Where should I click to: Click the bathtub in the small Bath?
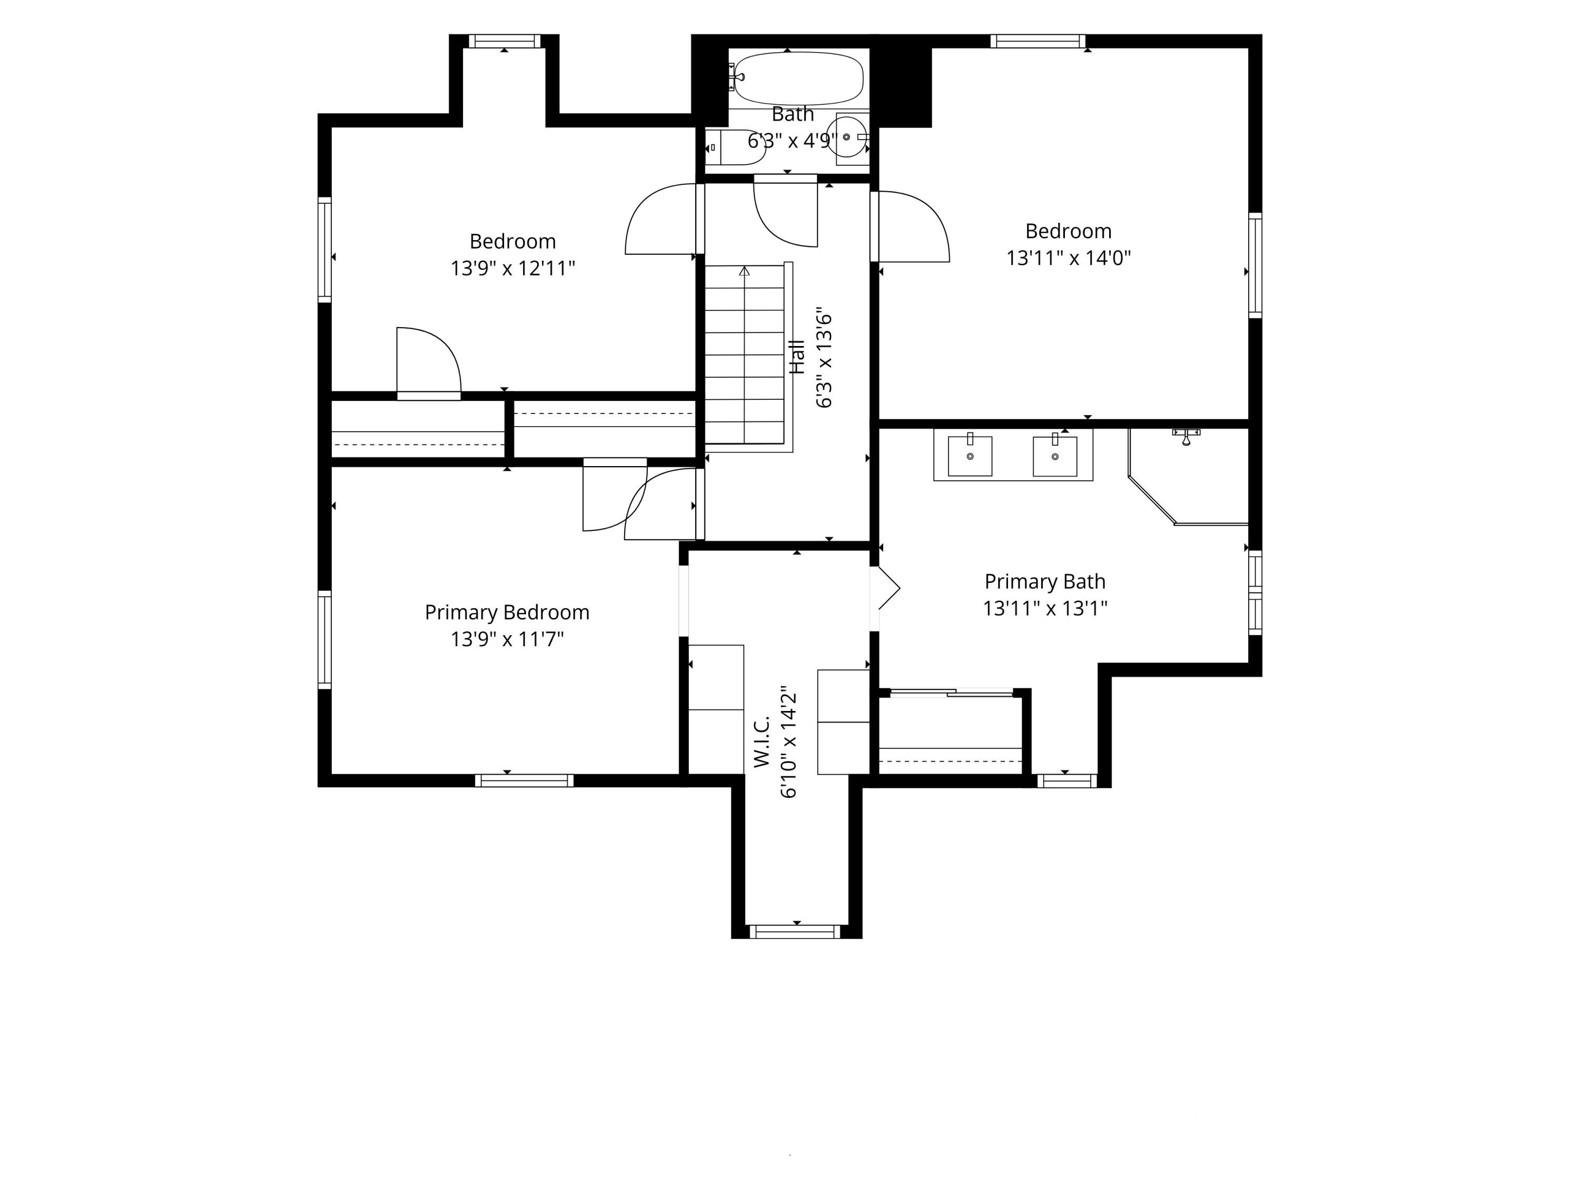pos(798,78)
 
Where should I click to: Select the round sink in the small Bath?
pos(846,136)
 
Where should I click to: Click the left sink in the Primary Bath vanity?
pos(970,455)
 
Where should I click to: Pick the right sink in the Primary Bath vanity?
pos(1055,455)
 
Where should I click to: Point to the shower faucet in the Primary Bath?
pos(1187,436)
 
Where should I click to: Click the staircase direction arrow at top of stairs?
pos(744,271)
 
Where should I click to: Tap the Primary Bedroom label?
pos(507,612)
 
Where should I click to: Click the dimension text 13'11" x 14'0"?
pos(1069,258)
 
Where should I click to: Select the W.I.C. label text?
pos(762,742)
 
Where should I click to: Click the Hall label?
pos(797,357)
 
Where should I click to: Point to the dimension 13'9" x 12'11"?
pos(513,269)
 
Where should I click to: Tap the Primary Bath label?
pos(1045,581)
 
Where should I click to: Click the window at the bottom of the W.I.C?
pos(795,932)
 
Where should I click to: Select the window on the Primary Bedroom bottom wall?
pos(524,781)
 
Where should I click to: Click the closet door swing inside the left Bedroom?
pos(429,361)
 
